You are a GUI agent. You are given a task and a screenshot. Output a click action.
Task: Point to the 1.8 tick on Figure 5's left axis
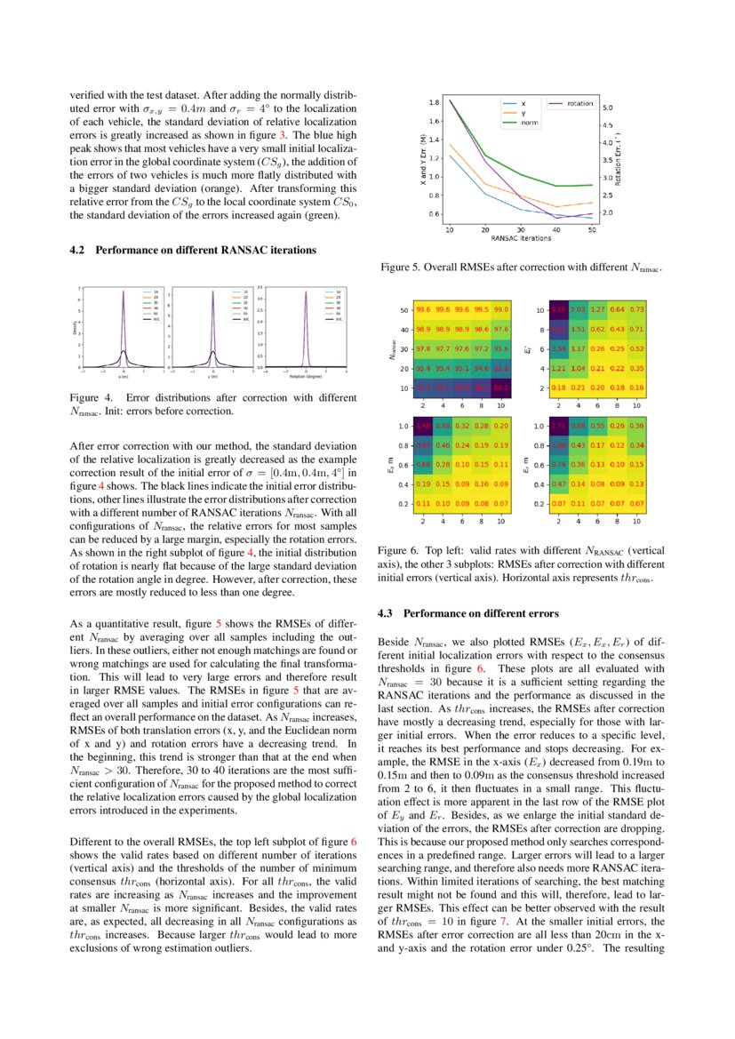433,101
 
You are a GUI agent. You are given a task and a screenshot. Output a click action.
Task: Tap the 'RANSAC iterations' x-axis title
521,238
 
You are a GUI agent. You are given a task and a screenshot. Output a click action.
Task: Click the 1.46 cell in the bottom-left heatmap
423,426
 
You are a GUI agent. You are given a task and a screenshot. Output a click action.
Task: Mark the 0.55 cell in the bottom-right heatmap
599,426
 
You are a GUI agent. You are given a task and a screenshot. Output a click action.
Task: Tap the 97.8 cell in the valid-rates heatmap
423,348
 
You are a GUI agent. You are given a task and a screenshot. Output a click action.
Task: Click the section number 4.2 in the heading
77,251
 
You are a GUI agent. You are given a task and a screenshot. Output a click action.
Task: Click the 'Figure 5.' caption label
398,267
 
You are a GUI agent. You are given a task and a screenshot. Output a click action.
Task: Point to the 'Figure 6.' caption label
396,552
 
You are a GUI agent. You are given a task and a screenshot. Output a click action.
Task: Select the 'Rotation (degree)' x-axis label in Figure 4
306,376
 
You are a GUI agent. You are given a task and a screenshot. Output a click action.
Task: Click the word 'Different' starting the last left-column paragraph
90,841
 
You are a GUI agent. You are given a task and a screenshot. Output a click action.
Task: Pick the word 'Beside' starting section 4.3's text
394,641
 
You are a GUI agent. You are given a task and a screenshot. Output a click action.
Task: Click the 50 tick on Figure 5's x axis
592,230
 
